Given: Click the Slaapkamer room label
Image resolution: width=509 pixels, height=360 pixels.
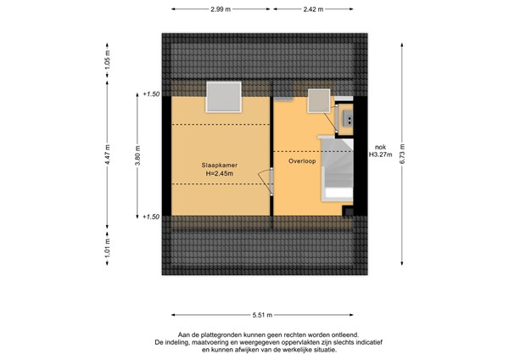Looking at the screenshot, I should (220, 165).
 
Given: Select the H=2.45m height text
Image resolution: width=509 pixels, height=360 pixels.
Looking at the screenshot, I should (220, 174).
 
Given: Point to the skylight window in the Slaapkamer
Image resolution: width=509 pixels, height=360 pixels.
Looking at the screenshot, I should (226, 96).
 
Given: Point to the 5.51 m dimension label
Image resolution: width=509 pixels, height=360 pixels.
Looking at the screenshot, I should (268, 312).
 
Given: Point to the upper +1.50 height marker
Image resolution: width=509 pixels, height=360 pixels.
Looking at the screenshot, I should (152, 94).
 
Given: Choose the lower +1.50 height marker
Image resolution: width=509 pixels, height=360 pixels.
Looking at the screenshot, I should (152, 217).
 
